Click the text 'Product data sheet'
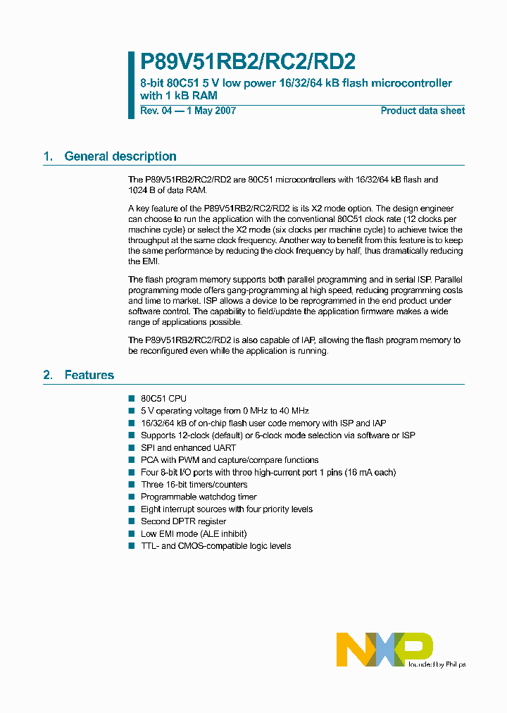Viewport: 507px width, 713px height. click(x=423, y=111)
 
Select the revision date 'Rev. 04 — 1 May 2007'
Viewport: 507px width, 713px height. click(x=188, y=111)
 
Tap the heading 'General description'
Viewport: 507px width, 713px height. click(x=120, y=156)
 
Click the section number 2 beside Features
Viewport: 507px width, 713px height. click(x=47, y=375)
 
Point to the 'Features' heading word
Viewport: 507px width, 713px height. click(x=89, y=375)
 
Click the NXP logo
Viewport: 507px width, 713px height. click(x=384, y=649)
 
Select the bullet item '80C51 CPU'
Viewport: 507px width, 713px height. click(x=163, y=398)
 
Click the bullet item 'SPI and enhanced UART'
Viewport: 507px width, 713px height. click(x=188, y=447)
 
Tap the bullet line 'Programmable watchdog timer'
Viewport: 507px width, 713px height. click(x=199, y=497)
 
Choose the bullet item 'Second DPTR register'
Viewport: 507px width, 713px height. click(x=183, y=521)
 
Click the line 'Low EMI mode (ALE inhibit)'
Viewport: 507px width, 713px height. click(x=194, y=534)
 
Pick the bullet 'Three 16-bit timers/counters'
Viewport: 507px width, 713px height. click(x=194, y=485)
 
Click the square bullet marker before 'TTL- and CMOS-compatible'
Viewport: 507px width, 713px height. click(x=131, y=546)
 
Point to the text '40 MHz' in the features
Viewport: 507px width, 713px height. click(x=294, y=411)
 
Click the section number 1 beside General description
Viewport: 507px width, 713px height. click(x=47, y=156)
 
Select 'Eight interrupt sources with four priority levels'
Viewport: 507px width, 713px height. click(x=227, y=509)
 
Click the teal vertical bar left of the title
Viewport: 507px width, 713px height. click(x=131, y=85)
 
